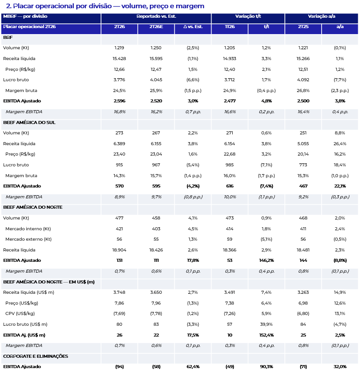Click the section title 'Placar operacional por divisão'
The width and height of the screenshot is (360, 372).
(x=62, y=6)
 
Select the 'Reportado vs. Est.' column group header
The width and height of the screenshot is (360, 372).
(x=156, y=16)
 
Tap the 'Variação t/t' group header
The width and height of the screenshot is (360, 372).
(x=248, y=16)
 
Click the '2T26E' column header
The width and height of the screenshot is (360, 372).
(x=156, y=27)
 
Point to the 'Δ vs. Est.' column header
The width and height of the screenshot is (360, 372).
(x=193, y=27)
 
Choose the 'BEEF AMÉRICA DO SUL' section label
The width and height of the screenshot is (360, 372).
(x=29, y=122)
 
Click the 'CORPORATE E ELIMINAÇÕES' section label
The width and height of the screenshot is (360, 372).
(x=35, y=356)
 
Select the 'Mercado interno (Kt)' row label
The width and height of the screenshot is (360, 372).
(x=28, y=229)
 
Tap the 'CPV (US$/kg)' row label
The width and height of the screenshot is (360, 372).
(x=20, y=314)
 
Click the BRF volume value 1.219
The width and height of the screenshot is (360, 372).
(x=119, y=48)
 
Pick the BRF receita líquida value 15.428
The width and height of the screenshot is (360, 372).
(x=119, y=59)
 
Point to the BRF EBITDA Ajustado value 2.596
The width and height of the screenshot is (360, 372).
(x=120, y=101)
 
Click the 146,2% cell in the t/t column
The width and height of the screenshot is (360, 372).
(x=266, y=261)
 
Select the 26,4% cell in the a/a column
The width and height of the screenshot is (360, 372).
(x=340, y=144)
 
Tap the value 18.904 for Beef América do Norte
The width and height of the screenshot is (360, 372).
(x=119, y=250)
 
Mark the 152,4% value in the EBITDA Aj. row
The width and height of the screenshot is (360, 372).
(x=266, y=335)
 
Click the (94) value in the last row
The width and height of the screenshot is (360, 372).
(x=120, y=367)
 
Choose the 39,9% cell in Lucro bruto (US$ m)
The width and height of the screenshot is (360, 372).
(x=266, y=324)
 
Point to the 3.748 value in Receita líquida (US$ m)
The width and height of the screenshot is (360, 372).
(x=119, y=293)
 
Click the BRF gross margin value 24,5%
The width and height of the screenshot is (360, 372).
(x=119, y=91)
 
